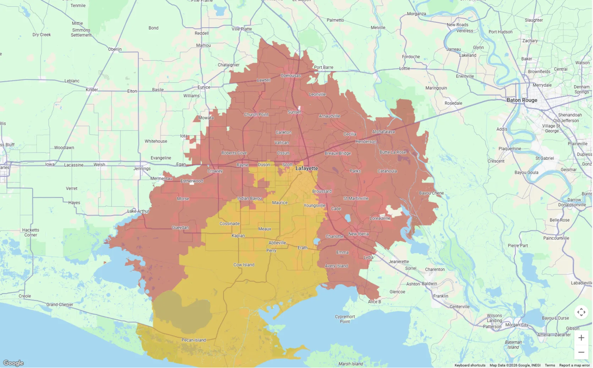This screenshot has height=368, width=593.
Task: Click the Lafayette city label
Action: click(306, 168)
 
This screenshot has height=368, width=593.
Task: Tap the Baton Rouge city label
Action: click(522, 100)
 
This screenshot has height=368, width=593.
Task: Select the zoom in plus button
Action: click(581, 338)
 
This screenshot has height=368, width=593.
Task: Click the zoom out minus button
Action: click(581, 352)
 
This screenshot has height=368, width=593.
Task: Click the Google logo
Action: click(13, 363)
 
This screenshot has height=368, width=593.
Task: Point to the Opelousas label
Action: click(290, 76)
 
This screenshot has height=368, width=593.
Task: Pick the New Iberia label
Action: click(358, 234)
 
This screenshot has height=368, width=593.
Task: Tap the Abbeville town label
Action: click(277, 243)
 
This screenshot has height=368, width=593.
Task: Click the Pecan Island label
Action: click(194, 340)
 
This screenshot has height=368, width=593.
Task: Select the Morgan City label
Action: click(517, 325)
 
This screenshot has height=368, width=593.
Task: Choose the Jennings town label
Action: click(142, 169)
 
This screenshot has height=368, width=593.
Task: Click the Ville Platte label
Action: click(241, 29)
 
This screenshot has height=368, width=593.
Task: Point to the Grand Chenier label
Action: click(60, 305)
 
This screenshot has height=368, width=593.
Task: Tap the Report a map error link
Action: click(574, 365)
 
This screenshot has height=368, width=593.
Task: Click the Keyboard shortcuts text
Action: click(470, 365)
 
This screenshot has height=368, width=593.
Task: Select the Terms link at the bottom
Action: click(550, 365)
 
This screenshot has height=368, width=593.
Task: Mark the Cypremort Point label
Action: click(345, 319)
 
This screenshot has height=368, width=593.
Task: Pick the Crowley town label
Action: click(215, 171)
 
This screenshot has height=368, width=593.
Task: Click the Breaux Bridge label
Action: click(338, 153)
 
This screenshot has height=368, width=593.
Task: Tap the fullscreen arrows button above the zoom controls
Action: click(581, 312)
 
